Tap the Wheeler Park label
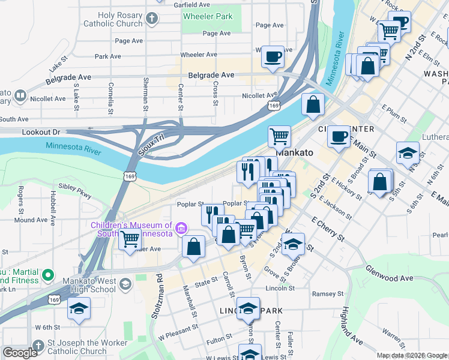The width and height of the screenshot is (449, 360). tap(208, 16)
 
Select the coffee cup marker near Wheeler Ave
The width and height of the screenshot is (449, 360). tap(273, 57)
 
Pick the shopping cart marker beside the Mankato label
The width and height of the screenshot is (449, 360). tap(279, 136)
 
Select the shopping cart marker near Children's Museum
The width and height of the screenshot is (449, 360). tap(130, 239)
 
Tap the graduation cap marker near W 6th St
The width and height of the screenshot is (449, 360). tap(79, 308)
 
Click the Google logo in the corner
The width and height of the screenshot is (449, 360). tap(20, 353)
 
